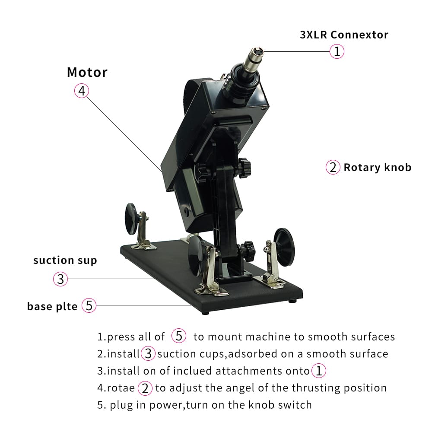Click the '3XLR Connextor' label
[x=344, y=35]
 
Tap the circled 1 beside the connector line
[x=337, y=51]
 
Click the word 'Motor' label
[x=87, y=73]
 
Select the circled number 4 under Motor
[x=82, y=91]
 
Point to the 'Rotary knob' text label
[x=378, y=167]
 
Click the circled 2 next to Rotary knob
[x=333, y=167]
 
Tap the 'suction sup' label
[x=65, y=260]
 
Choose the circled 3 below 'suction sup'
[x=60, y=279]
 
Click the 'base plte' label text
[x=52, y=306]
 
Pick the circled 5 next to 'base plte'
[x=89, y=305]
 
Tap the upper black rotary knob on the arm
[x=244, y=168]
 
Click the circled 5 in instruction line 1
[x=179, y=336]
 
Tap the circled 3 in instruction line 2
[x=148, y=353]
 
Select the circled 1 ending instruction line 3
[x=319, y=371]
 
